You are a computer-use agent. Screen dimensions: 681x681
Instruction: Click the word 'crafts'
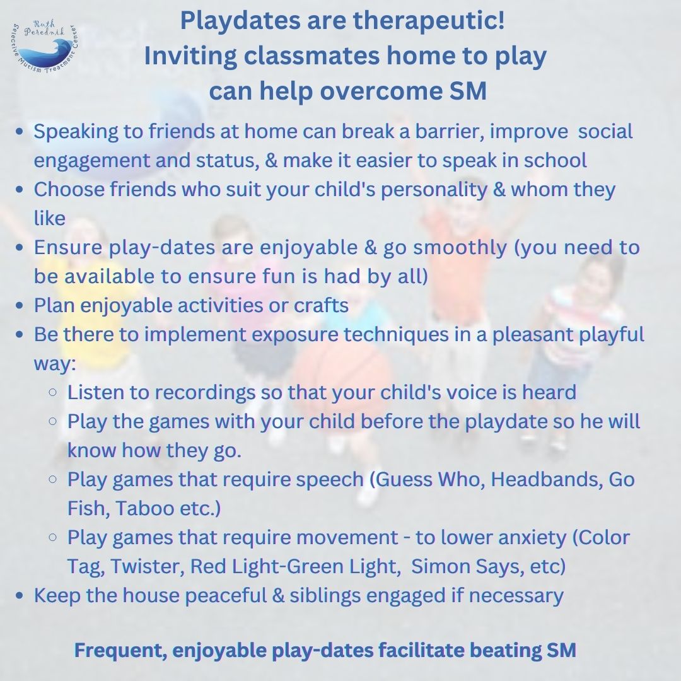pyautogui.click(x=322, y=305)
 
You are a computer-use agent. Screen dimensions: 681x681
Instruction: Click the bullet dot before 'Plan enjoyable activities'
pyautogui.click(x=20, y=306)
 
